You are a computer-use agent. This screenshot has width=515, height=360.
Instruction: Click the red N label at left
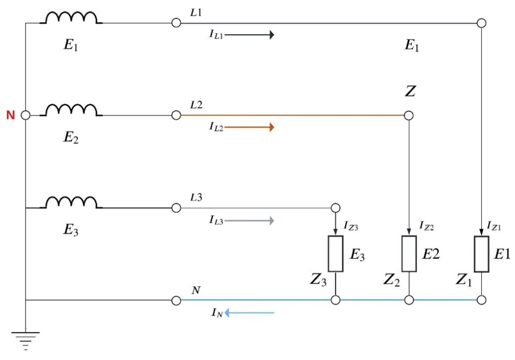pyautogui.click(x=10, y=115)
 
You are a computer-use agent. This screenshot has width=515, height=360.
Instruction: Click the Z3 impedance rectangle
pyautogui.click(x=335, y=253)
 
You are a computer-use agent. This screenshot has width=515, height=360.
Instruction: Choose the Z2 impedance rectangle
pyautogui.click(x=409, y=253)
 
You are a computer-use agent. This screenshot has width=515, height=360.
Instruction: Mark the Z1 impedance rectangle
pyautogui.click(x=482, y=253)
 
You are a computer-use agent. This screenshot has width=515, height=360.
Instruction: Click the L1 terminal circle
pyautogui.click(x=176, y=23)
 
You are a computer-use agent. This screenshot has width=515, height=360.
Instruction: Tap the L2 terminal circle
pyautogui.click(x=176, y=116)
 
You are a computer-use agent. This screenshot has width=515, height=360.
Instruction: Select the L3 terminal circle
pyautogui.click(x=176, y=208)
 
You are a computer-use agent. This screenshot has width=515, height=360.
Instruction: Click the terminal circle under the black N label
pyautogui.click(x=176, y=301)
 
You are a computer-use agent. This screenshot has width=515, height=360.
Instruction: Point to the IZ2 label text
pyautogui.click(x=427, y=227)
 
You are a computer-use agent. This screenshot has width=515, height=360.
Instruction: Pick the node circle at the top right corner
pyautogui.click(x=482, y=23)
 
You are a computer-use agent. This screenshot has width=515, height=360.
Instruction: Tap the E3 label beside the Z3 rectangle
pyautogui.click(x=357, y=256)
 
